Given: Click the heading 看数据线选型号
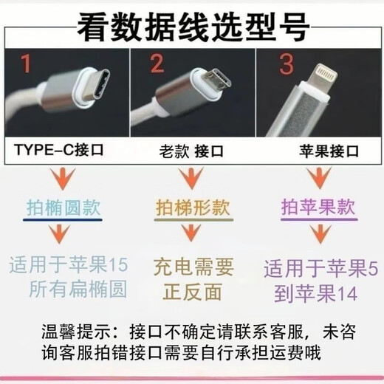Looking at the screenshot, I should [191, 27].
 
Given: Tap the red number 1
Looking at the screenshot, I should [26, 66].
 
